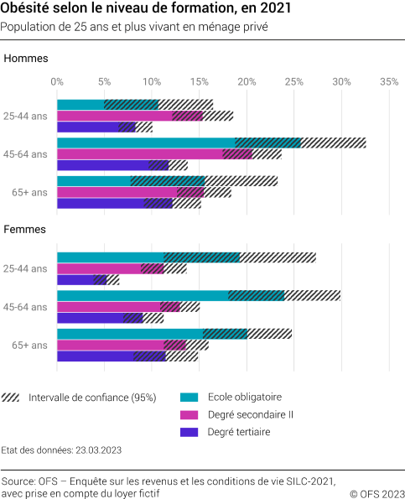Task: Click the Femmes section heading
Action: click(x=25, y=229)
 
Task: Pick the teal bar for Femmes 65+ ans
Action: click(x=152, y=334)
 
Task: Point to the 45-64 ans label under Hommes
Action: click(x=25, y=154)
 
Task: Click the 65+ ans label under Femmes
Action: click(x=32, y=345)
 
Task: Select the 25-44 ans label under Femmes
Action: click(x=25, y=268)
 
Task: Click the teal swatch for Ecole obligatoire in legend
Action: click(x=191, y=397)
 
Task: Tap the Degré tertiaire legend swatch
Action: click(x=191, y=432)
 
